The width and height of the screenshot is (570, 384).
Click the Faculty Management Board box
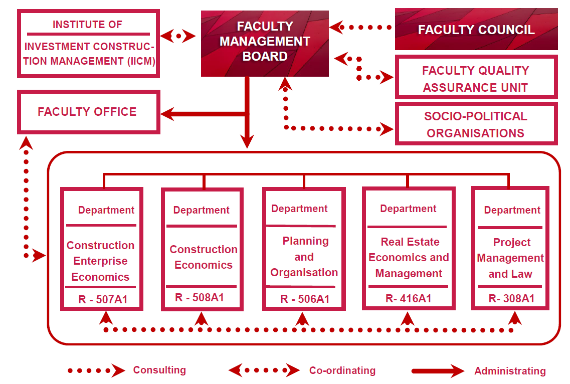click(x=265, y=43)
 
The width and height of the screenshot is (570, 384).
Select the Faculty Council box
click(x=476, y=29)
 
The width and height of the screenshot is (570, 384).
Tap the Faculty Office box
click(x=88, y=112)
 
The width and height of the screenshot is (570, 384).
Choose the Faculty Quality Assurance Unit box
click(x=476, y=77)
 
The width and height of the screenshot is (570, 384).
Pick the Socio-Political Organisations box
click(x=476, y=124)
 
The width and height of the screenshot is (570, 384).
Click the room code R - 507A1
click(x=103, y=299)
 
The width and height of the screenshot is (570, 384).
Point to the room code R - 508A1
click(x=199, y=297)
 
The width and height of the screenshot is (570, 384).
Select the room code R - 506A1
click(x=305, y=299)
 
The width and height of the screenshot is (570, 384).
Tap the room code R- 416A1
click(x=408, y=299)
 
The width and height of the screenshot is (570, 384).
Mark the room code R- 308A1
click(x=511, y=299)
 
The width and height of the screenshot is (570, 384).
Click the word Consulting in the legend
click(x=159, y=370)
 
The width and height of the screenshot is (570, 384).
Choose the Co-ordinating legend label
click(x=342, y=370)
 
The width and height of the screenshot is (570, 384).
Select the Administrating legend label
click(x=510, y=371)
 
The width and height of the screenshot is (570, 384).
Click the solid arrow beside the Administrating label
click(x=438, y=371)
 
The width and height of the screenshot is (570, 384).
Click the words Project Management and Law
click(x=510, y=258)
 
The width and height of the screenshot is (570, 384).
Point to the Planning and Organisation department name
click(x=304, y=257)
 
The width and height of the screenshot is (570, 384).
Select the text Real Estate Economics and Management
click(x=409, y=258)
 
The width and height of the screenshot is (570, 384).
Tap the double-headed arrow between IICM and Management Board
click(x=178, y=36)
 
